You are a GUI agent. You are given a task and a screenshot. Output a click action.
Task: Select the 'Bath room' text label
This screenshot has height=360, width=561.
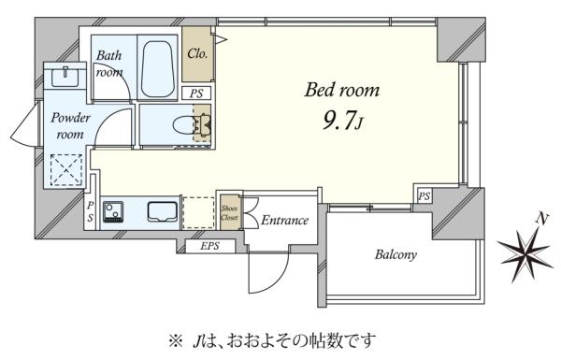point(109,63)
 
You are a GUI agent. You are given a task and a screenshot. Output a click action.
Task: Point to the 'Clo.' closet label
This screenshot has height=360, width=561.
point(197,54)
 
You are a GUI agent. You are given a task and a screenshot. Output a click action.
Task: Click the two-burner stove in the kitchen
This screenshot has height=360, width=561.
point(113,212)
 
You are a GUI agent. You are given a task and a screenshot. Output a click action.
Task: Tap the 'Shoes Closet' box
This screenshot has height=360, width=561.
point(229,211)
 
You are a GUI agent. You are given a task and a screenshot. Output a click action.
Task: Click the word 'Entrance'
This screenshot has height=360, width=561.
point(284,221)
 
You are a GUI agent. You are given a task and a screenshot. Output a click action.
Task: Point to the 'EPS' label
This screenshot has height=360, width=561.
point(209,248)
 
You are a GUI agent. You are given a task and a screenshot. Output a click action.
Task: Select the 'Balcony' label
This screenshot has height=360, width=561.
point(396,254)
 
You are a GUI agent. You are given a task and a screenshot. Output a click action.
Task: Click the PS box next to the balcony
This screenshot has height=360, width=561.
point(424,195)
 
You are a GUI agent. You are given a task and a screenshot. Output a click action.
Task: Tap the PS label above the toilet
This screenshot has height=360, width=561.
point(196,94)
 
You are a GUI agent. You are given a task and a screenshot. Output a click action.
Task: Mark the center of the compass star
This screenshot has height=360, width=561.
point(524,252)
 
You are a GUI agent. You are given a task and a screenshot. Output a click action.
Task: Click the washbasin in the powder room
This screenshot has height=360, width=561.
point(65,74)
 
